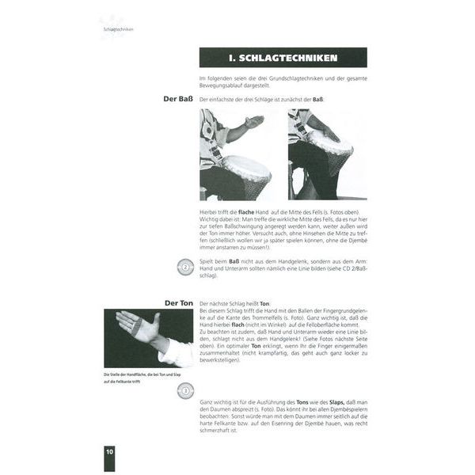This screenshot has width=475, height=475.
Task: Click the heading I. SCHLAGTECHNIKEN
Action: click(x=283, y=58)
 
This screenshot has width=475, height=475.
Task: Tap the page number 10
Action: click(x=109, y=450)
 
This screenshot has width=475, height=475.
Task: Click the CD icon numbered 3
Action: click(x=184, y=389)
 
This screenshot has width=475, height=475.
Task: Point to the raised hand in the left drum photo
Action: click(x=253, y=122)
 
